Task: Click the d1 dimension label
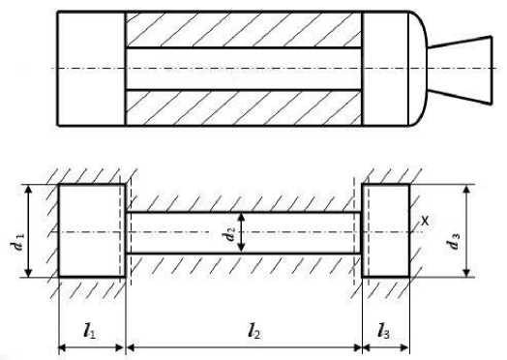pyautogui.click(x=17, y=242)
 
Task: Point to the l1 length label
pyautogui.click(x=89, y=331)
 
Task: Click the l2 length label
pyautogui.click(x=254, y=331)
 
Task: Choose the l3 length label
pyautogui.click(x=383, y=331)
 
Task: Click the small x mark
pyautogui.click(x=425, y=221)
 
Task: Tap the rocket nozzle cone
pyautogui.click(x=461, y=70)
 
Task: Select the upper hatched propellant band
pyautogui.click(x=243, y=30)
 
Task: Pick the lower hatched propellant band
pyautogui.click(x=243, y=107)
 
